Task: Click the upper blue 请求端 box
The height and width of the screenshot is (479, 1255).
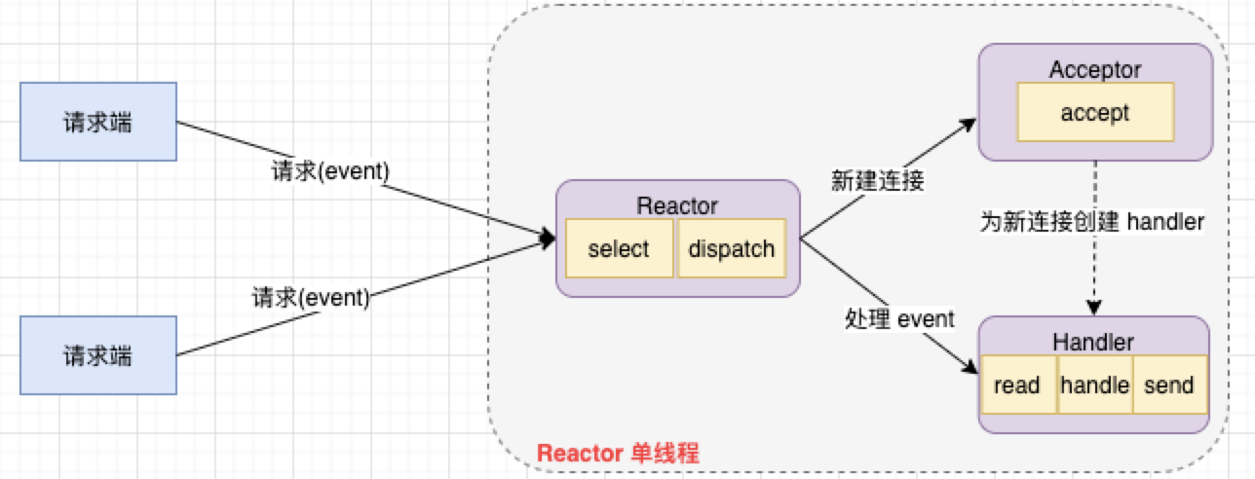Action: (x=98, y=122)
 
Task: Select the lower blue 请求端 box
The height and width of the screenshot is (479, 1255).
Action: (x=98, y=355)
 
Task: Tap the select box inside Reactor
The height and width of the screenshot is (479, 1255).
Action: (x=619, y=249)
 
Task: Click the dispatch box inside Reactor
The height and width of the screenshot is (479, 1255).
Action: (x=732, y=249)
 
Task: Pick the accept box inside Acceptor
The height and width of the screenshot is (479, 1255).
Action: (x=1095, y=112)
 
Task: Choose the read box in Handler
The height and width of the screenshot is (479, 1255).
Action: (x=1017, y=386)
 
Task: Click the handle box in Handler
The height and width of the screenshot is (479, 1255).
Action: (x=1094, y=386)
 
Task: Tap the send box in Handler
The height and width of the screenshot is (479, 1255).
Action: (x=1169, y=386)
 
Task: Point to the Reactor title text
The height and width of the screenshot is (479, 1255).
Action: (x=677, y=205)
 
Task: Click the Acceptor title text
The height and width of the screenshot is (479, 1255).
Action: (x=1095, y=69)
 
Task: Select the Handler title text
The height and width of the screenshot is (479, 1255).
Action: (x=1093, y=342)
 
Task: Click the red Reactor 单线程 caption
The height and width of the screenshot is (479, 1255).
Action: (x=618, y=454)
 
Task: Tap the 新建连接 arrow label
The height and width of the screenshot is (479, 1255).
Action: (x=877, y=180)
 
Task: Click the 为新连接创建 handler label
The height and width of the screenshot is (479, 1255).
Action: (x=1091, y=222)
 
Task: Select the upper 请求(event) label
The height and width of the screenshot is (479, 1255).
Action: (x=329, y=171)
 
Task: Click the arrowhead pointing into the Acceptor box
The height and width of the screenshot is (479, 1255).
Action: (x=969, y=125)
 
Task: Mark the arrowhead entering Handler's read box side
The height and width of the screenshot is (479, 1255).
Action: (x=970, y=368)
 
